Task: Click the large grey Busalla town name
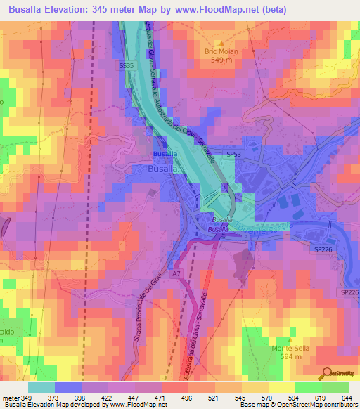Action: (x=165, y=169)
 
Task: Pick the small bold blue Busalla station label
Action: (x=165, y=153)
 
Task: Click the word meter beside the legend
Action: (x=11, y=398)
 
